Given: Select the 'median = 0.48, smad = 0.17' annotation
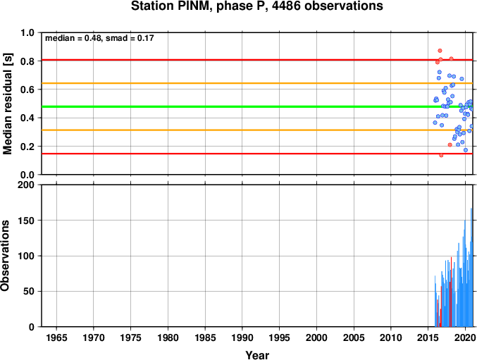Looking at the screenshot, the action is (99, 38).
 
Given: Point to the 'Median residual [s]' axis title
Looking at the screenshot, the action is (7, 104).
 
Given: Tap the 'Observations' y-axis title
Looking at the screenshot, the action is (4, 256).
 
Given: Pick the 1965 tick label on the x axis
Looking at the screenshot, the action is (56, 337).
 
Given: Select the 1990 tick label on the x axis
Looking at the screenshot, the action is (242, 337).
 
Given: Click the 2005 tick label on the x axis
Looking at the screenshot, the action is (354, 337).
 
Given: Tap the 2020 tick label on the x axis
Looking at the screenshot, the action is (465, 337).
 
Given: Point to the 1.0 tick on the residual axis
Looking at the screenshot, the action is (27, 32).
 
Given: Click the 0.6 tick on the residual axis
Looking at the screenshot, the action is (27, 89).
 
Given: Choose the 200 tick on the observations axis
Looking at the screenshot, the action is (26, 185).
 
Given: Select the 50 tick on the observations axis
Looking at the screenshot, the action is (29, 291).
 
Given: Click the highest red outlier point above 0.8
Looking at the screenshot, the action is (440, 51).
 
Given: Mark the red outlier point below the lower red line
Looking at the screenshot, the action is (441, 156).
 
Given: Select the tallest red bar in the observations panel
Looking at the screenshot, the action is (451, 292).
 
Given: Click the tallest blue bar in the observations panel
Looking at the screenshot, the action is (471, 268).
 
